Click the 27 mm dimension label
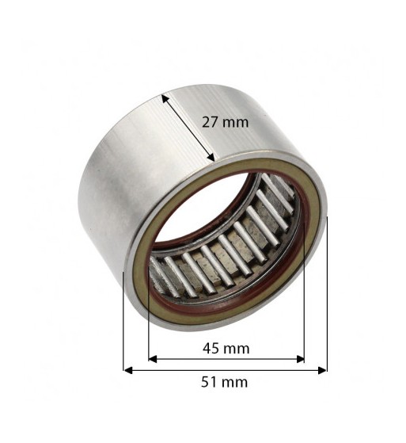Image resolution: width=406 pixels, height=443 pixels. [x=225, y=122]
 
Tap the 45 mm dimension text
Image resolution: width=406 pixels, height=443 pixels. [x=226, y=349]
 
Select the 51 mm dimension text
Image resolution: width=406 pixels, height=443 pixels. [x=225, y=382]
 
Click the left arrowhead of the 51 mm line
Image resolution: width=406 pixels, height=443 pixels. [x=128, y=370]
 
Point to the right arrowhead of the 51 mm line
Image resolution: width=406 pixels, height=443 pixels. [x=322, y=370]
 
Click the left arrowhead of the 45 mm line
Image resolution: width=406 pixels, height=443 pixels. [x=153, y=359]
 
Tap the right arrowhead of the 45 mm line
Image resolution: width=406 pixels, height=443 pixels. [x=300, y=359]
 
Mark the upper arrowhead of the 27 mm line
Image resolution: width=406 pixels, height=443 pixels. [x=165, y=99]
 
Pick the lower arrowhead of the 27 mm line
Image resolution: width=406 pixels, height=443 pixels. [x=211, y=157]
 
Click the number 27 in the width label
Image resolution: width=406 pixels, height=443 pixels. [x=210, y=122]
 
